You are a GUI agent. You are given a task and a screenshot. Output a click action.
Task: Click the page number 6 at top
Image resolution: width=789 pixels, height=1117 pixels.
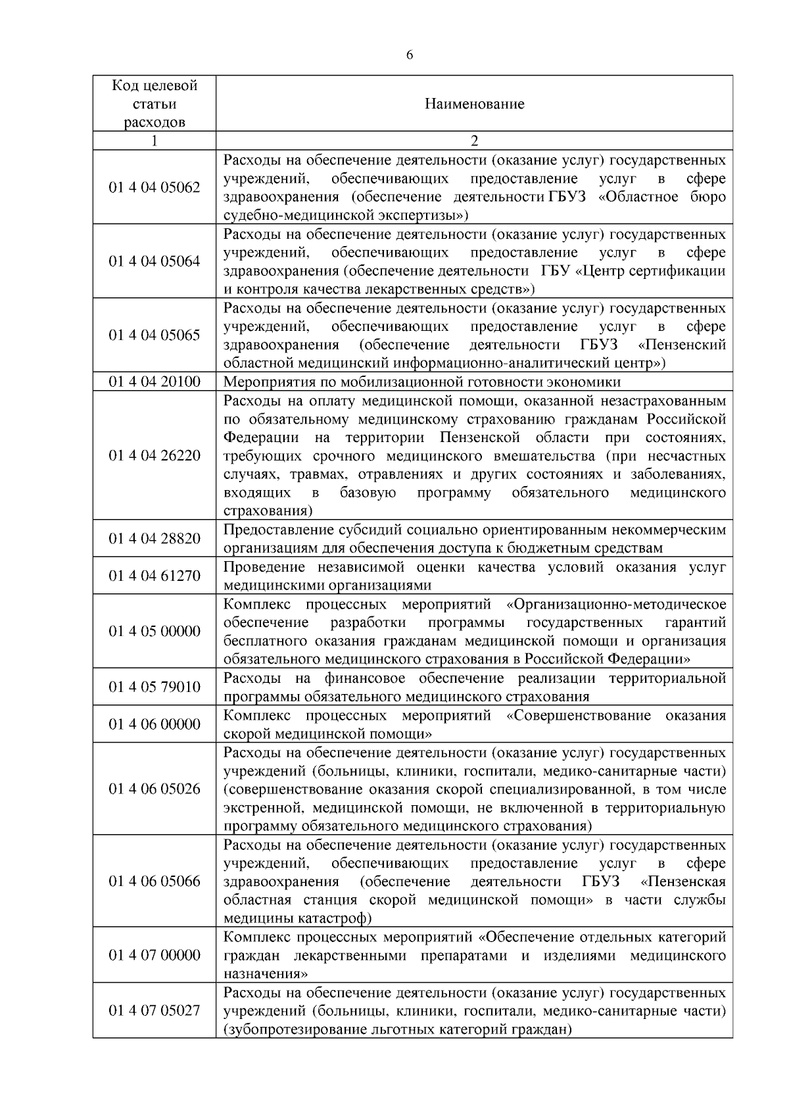tap(410, 55)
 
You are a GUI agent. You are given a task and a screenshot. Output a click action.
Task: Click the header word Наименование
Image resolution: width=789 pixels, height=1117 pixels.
tap(474, 104)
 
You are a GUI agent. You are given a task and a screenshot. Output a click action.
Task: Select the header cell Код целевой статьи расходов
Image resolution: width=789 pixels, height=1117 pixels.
tap(155, 104)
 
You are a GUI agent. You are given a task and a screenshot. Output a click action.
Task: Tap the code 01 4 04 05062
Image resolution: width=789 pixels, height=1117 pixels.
tap(155, 187)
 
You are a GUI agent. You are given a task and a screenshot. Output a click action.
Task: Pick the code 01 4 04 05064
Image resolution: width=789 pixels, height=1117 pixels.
tap(155, 261)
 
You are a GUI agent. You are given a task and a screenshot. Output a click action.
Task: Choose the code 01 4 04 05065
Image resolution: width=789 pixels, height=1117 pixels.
tap(155, 335)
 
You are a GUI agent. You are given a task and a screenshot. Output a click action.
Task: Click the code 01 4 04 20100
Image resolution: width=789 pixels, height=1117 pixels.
tap(155, 382)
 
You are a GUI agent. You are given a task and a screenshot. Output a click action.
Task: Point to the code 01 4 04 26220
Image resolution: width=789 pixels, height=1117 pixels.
tap(155, 455)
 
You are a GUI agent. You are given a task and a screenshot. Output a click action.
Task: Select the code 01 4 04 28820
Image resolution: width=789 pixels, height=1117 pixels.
tap(155, 539)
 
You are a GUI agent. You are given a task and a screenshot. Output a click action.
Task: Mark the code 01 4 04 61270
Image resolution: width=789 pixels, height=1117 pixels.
tap(155, 576)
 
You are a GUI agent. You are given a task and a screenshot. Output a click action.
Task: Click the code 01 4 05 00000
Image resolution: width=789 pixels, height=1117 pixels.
tap(155, 632)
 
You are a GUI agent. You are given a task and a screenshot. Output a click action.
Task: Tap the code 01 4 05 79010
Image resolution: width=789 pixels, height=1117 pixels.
tap(155, 687)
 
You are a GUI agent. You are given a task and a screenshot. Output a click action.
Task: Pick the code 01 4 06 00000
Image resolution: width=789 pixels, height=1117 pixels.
tap(155, 724)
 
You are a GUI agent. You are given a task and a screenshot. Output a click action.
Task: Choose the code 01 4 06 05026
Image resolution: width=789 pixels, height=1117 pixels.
tap(155, 789)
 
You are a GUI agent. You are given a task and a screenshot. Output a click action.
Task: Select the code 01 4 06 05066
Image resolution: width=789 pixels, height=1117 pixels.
tap(155, 881)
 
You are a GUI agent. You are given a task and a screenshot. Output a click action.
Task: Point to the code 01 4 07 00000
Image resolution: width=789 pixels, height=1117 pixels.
tap(155, 955)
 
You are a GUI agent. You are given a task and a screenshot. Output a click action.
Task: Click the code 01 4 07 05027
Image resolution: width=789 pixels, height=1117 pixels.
tap(155, 1010)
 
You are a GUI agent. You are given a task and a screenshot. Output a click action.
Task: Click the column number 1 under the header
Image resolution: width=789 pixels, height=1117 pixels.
tap(155, 141)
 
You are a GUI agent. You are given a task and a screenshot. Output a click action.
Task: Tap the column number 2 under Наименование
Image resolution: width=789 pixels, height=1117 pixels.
tap(474, 141)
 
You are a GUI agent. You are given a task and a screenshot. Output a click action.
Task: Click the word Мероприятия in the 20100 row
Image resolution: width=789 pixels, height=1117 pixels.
tap(263, 382)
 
